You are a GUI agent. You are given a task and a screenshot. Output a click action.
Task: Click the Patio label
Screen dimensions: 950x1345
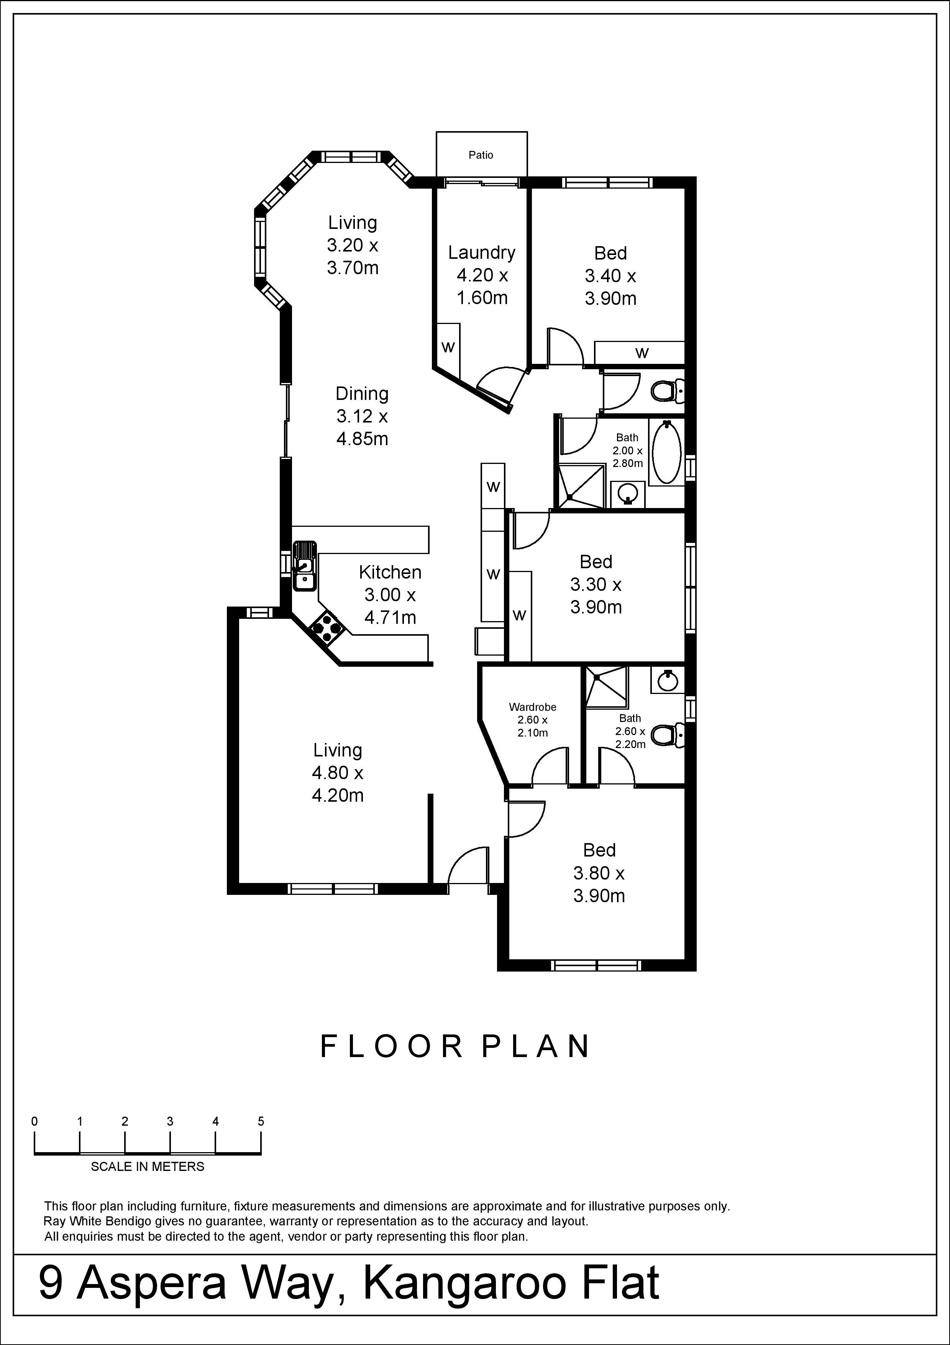pyautogui.click(x=481, y=155)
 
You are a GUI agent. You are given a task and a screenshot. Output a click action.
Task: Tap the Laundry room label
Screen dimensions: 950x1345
pyautogui.click(x=482, y=253)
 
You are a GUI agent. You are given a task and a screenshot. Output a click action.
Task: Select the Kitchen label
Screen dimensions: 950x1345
pyautogui.click(x=390, y=572)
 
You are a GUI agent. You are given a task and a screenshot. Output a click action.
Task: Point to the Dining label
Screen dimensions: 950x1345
pyautogui.click(x=362, y=393)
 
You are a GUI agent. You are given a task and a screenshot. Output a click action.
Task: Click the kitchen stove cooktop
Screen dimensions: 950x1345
pyautogui.click(x=327, y=628)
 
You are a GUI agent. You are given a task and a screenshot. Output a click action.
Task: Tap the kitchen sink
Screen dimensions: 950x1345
pyautogui.click(x=304, y=565)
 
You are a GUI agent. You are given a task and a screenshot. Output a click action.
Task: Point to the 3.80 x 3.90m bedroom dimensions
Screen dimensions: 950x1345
pyautogui.click(x=599, y=884)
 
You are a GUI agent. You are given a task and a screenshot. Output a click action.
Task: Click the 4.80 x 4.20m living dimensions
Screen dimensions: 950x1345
pyautogui.click(x=338, y=784)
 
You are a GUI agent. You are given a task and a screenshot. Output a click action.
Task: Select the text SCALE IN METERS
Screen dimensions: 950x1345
pyautogui.click(x=148, y=1166)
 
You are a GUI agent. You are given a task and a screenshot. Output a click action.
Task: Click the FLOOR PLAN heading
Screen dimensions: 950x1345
pyautogui.click(x=455, y=1046)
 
